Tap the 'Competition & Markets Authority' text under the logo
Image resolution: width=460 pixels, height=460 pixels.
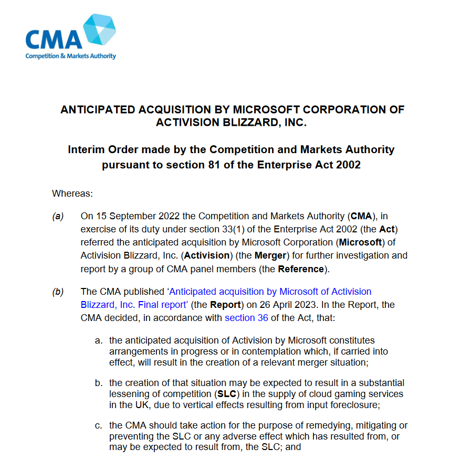click(x=71, y=56)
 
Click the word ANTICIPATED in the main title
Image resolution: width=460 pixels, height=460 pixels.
click(x=97, y=110)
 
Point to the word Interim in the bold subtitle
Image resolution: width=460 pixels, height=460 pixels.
click(x=87, y=149)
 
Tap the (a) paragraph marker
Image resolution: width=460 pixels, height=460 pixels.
click(x=58, y=217)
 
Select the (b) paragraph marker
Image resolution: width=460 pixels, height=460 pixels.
click(x=58, y=292)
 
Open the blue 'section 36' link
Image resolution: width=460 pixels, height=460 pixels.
click(x=246, y=317)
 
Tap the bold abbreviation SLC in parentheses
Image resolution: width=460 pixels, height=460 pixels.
click(x=227, y=394)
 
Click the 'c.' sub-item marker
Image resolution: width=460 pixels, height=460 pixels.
click(x=98, y=425)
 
